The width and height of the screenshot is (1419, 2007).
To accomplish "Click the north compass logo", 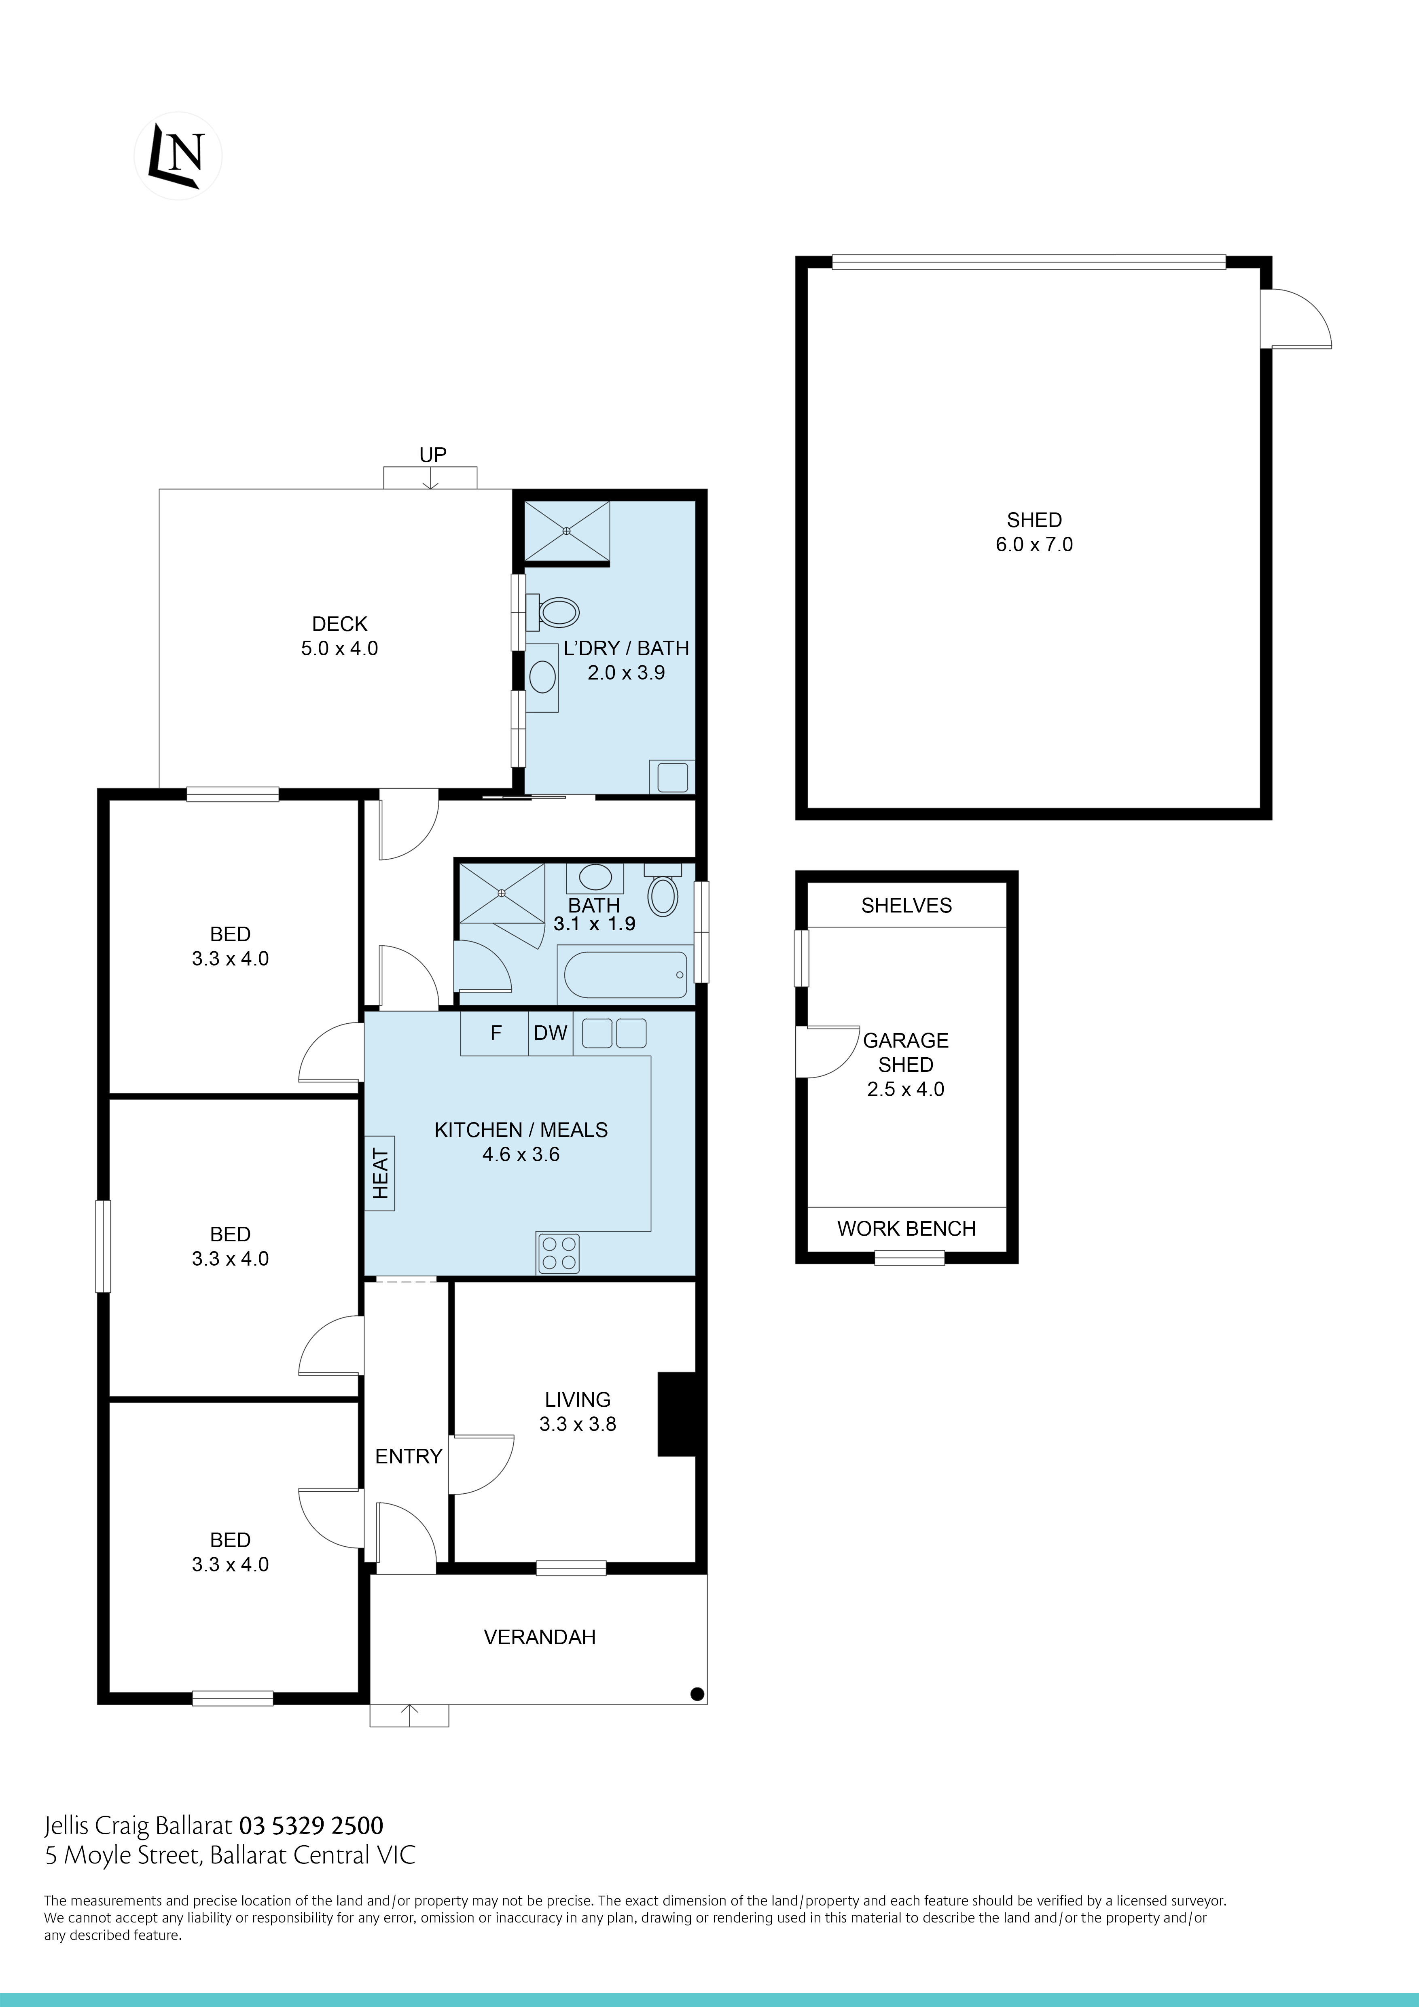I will [x=178, y=156].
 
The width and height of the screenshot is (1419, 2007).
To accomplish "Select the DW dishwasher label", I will [x=551, y=1033].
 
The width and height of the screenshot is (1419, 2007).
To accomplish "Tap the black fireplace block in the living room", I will [x=676, y=1414].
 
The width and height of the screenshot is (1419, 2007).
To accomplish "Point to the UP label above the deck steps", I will [x=433, y=455].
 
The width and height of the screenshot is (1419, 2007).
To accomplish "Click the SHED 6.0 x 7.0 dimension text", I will [x=1034, y=544].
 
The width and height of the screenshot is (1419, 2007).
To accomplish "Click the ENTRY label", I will [x=408, y=1456].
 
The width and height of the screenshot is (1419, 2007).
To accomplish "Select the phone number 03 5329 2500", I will [x=311, y=1826].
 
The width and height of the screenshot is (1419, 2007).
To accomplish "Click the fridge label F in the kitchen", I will [x=496, y=1033].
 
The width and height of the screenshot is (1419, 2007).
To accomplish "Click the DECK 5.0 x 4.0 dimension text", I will [x=339, y=649].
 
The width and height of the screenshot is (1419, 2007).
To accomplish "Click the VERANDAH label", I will [x=540, y=1637].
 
